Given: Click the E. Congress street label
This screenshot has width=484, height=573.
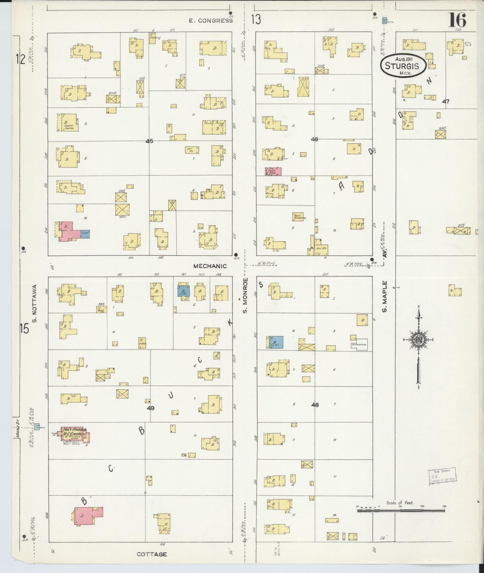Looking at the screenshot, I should point(211,21).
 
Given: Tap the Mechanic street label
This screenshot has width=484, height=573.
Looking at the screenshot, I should point(210,266).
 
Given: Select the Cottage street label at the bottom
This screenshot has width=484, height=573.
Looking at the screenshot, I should point(152,554).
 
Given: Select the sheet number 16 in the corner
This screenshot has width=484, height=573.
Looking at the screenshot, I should point(457,20).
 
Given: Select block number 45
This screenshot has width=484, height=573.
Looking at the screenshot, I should point(149,141).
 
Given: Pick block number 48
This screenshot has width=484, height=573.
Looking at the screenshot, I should point(315,404).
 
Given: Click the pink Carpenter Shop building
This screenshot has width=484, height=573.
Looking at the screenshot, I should point(273,171).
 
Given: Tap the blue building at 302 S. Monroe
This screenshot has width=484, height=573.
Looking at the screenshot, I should point(276,342).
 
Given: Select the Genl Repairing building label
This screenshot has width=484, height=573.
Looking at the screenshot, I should point(299,216).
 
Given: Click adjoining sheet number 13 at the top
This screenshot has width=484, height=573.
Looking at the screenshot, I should point(256,20).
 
